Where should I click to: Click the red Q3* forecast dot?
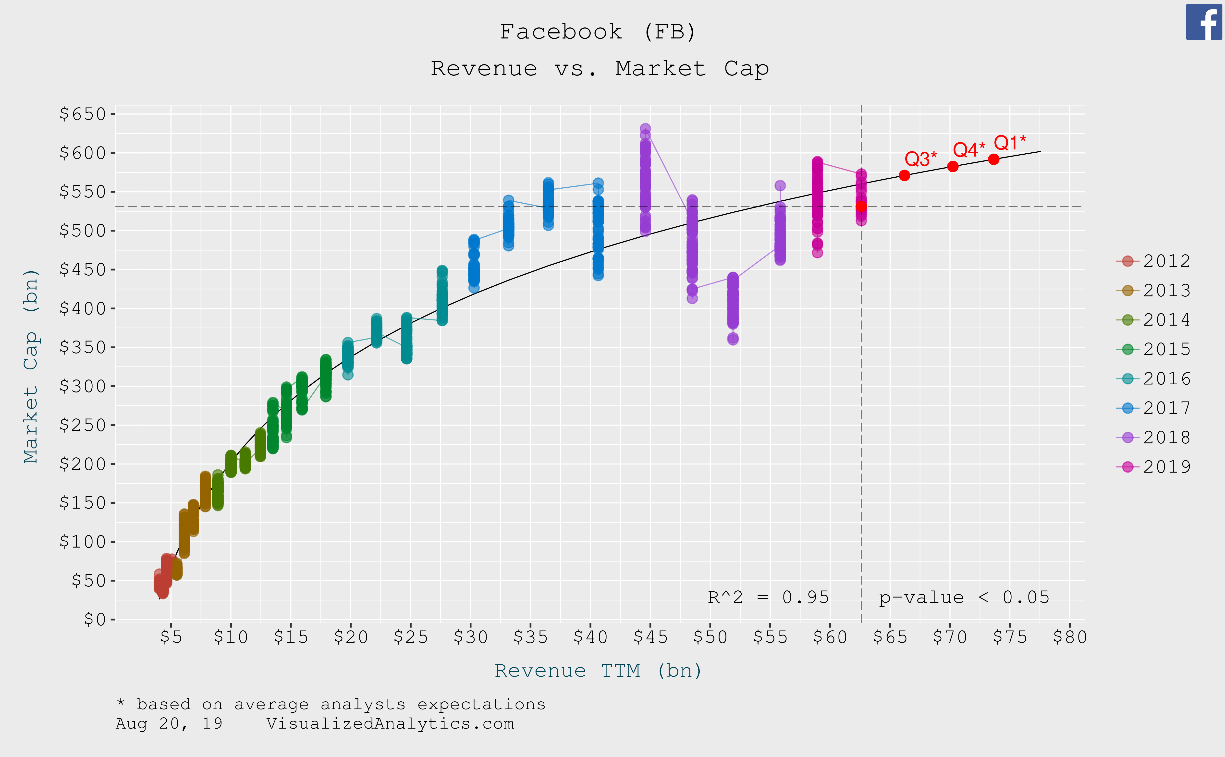coord(904,175)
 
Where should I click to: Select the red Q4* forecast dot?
coord(953,166)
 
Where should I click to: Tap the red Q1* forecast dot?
coord(994,159)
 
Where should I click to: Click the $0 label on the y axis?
coord(95,620)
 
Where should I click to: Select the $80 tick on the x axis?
coord(1070,637)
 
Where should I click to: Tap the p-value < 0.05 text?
coord(964,597)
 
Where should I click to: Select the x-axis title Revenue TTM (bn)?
coord(598,671)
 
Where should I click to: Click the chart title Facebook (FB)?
coord(598,32)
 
